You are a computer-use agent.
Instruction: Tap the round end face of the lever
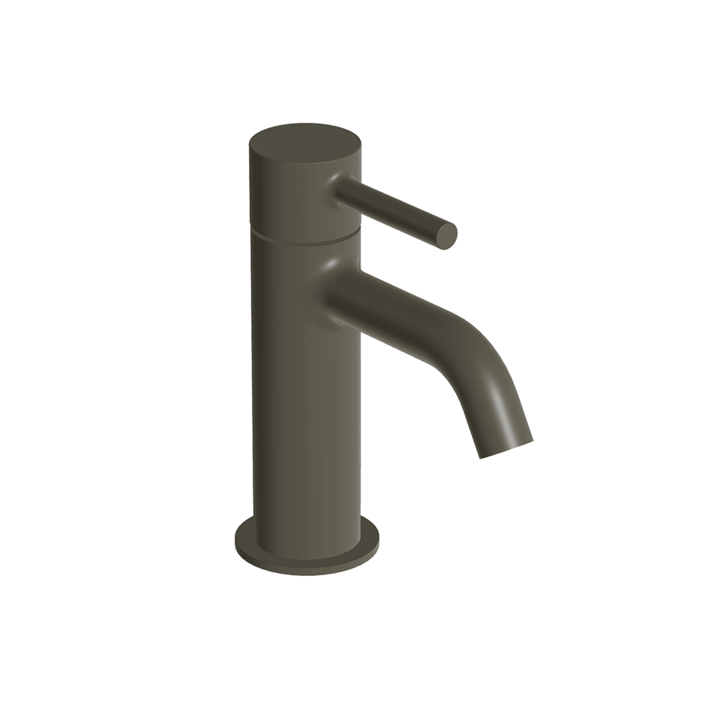click(x=447, y=233)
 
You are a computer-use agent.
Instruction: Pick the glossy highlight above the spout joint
click(x=332, y=264)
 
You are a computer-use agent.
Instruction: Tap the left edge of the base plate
click(x=237, y=541)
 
